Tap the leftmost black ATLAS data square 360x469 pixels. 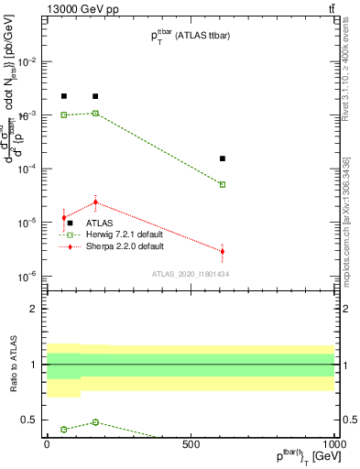point(64,96)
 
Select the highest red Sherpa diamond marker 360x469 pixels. point(95,202)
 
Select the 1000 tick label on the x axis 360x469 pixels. point(333,443)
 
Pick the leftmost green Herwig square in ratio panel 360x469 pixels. point(64,430)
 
